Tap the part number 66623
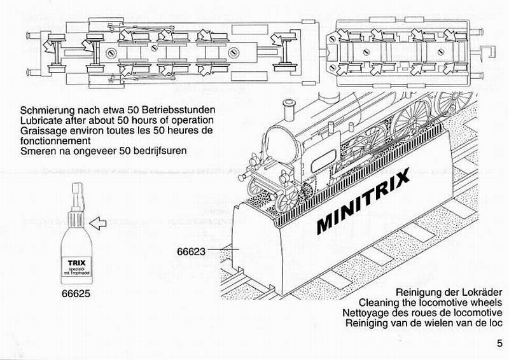(x=190, y=251)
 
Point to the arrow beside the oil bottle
(x=99, y=223)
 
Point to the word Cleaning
(x=379, y=301)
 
